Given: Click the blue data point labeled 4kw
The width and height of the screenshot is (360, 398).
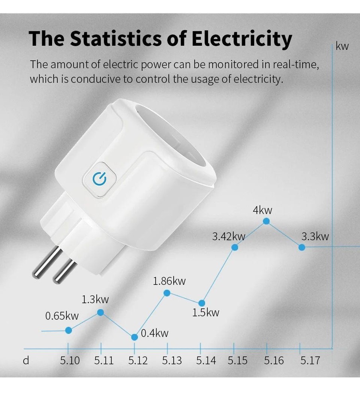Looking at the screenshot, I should pyautogui.click(x=266, y=221).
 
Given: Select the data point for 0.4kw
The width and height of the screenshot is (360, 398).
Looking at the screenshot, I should pyautogui.click(x=135, y=337).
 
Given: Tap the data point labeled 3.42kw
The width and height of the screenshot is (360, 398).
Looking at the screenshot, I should pyautogui.click(x=235, y=247).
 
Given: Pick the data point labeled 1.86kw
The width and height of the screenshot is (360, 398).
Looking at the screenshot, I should pyautogui.click(x=167, y=293).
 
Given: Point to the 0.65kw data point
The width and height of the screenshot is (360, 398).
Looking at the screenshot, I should pyautogui.click(x=68, y=330).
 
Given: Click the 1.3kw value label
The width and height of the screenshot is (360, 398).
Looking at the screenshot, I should pyautogui.click(x=95, y=299).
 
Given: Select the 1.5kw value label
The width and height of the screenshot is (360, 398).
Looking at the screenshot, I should pyautogui.click(x=205, y=312).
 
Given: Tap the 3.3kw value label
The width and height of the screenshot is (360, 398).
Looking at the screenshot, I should pyautogui.click(x=315, y=236).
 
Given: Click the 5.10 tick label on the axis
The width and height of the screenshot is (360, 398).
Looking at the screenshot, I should pyautogui.click(x=70, y=361).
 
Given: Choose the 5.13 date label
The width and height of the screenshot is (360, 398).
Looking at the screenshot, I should pyautogui.click(x=172, y=361).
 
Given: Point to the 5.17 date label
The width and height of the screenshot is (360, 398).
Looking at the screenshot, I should pyautogui.click(x=310, y=361).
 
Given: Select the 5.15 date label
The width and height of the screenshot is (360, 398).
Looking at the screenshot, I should pyautogui.click(x=238, y=361).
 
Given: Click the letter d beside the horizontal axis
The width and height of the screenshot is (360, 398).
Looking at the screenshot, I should pyautogui.click(x=26, y=361).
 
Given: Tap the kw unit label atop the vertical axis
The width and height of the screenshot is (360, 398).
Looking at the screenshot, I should pyautogui.click(x=342, y=46).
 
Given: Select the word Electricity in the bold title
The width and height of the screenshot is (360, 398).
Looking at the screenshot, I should pyautogui.click(x=242, y=39).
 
